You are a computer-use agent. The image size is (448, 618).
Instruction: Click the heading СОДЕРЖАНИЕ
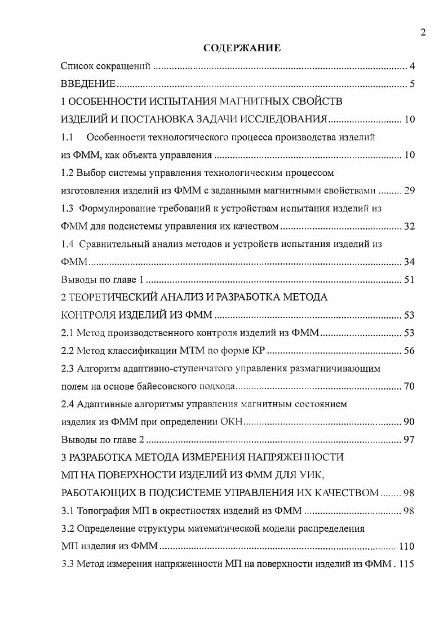242,48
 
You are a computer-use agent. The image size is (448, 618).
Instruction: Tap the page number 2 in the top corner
423,32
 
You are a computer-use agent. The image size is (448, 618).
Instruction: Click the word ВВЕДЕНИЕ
88,85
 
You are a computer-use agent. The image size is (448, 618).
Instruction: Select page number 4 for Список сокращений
412,67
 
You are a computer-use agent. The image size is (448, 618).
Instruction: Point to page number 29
409,190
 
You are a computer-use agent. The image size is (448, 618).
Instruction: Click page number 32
409,227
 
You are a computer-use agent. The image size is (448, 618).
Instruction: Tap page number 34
409,262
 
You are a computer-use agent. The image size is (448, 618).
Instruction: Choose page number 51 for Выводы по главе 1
409,280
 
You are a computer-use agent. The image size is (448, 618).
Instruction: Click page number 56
409,351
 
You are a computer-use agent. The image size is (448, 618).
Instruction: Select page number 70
409,386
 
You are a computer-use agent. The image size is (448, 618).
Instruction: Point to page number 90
409,422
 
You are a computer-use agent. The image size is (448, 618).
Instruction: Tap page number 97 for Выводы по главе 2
409,440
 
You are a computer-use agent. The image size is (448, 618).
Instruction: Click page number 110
406,546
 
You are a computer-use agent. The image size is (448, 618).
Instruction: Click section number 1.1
67,137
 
